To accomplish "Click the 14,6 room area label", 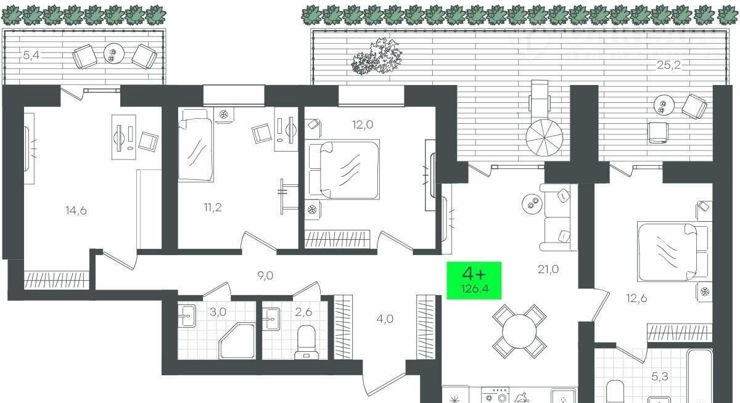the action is [x=76, y=210].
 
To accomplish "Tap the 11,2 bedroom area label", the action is [x=213, y=208].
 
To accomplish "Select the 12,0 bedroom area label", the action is [x=363, y=124].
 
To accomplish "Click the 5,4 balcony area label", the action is [x=31, y=55].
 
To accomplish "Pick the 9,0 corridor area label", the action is [x=265, y=275].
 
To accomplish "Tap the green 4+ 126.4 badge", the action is [x=474, y=280].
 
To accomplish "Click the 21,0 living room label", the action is [x=548, y=270].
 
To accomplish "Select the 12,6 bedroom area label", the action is [x=636, y=298].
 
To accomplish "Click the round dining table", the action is [x=520, y=332].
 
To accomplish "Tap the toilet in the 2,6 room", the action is [x=306, y=343].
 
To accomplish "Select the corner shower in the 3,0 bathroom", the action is [x=237, y=341].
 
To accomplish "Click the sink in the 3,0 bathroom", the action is [x=187, y=316].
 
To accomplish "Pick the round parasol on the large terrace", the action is [x=545, y=137].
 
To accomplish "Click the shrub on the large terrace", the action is [x=377, y=56].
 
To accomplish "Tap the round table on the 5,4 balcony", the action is [x=114, y=54].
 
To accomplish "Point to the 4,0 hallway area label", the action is [x=385, y=319].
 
